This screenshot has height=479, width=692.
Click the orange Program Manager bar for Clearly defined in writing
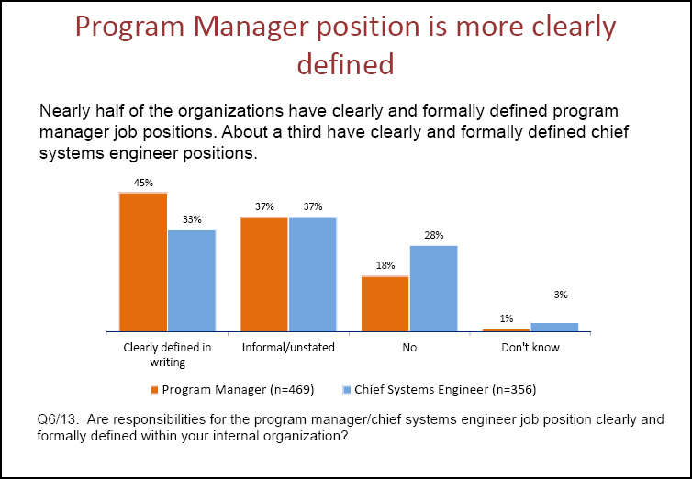click(x=143, y=262)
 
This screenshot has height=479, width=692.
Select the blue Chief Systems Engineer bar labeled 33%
click(x=191, y=280)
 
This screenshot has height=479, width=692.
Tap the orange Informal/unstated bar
click(x=264, y=273)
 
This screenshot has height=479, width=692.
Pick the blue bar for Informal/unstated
click(x=312, y=273)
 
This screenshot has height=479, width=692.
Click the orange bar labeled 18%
click(x=385, y=303)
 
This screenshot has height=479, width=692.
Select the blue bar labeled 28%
click(x=433, y=287)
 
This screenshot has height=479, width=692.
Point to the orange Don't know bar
click(x=506, y=329)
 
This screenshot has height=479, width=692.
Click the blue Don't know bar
click(x=554, y=327)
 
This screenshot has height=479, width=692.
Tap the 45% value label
click(x=143, y=183)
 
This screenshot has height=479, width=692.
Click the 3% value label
click(x=561, y=295)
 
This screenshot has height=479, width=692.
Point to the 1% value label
click(x=506, y=318)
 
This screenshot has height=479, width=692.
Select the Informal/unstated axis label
click(x=288, y=349)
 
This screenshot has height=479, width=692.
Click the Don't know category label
click(x=530, y=349)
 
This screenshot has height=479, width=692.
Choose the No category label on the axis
click(x=409, y=349)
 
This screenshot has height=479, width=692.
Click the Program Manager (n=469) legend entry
click(x=238, y=390)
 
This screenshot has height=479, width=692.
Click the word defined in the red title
click(x=345, y=62)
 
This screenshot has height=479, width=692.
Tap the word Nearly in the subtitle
click(x=65, y=112)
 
